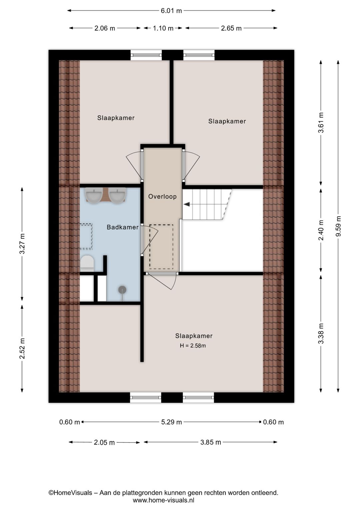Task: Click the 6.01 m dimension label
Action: click(171, 11)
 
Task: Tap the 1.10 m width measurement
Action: click(163, 28)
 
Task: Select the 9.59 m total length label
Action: click(338, 226)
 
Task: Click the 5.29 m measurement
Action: click(171, 422)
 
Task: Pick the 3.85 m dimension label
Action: click(211, 442)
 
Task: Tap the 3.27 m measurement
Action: click(22, 243)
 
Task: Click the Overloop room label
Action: click(162, 196)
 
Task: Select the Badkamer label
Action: click(123, 227)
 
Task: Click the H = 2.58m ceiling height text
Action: click(193, 346)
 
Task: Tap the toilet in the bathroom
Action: click(87, 263)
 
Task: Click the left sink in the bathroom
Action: click(94, 195)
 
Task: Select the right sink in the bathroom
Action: click(117, 195)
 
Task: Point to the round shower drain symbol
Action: click(122, 290)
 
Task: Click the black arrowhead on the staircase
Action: click(187, 204)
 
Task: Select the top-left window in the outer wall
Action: click(146, 55)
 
